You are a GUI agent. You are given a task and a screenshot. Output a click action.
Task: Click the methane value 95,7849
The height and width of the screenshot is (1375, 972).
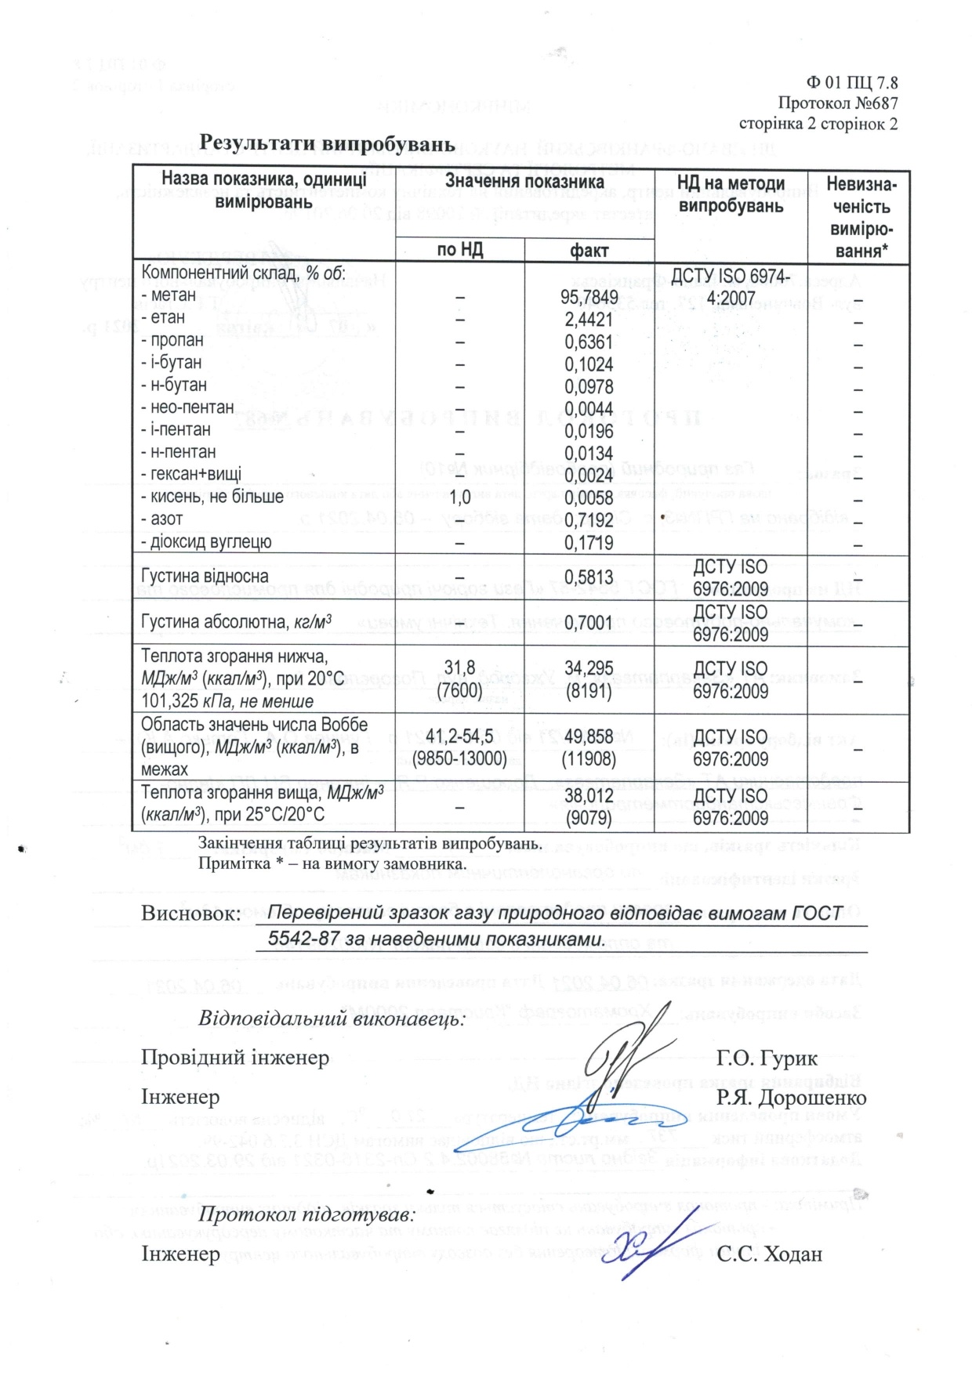(x=589, y=297)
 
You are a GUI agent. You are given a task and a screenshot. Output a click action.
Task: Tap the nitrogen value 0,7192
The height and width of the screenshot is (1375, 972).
(x=589, y=521)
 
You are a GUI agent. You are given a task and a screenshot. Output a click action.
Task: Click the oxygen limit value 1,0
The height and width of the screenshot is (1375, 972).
(x=460, y=498)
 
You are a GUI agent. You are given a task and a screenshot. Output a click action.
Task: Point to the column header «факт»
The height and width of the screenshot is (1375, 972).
(x=589, y=251)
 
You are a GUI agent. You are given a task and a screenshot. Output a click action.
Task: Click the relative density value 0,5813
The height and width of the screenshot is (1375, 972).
(x=589, y=577)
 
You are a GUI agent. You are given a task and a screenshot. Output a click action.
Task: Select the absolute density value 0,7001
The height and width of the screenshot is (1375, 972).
(x=589, y=623)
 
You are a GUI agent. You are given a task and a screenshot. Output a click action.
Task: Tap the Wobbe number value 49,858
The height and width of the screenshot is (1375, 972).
(x=589, y=737)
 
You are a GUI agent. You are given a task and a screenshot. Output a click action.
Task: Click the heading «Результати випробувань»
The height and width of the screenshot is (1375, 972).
(x=327, y=143)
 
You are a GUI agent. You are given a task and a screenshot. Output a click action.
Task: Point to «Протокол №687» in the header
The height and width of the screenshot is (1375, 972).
(x=838, y=103)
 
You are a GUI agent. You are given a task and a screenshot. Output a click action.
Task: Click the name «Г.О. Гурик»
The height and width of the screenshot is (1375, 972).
(x=767, y=1058)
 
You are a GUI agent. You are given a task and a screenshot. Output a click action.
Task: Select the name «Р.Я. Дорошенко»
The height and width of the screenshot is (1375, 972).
(x=791, y=1098)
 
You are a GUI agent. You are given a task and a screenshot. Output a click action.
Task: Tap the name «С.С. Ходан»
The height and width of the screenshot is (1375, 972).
(x=769, y=1254)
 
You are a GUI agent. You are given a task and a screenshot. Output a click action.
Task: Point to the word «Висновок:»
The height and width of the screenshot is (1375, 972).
(x=190, y=914)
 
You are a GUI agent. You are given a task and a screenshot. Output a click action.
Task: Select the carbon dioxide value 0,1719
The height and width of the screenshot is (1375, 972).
(x=589, y=543)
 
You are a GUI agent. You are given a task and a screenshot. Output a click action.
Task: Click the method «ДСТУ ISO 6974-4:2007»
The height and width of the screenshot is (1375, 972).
(x=731, y=288)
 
